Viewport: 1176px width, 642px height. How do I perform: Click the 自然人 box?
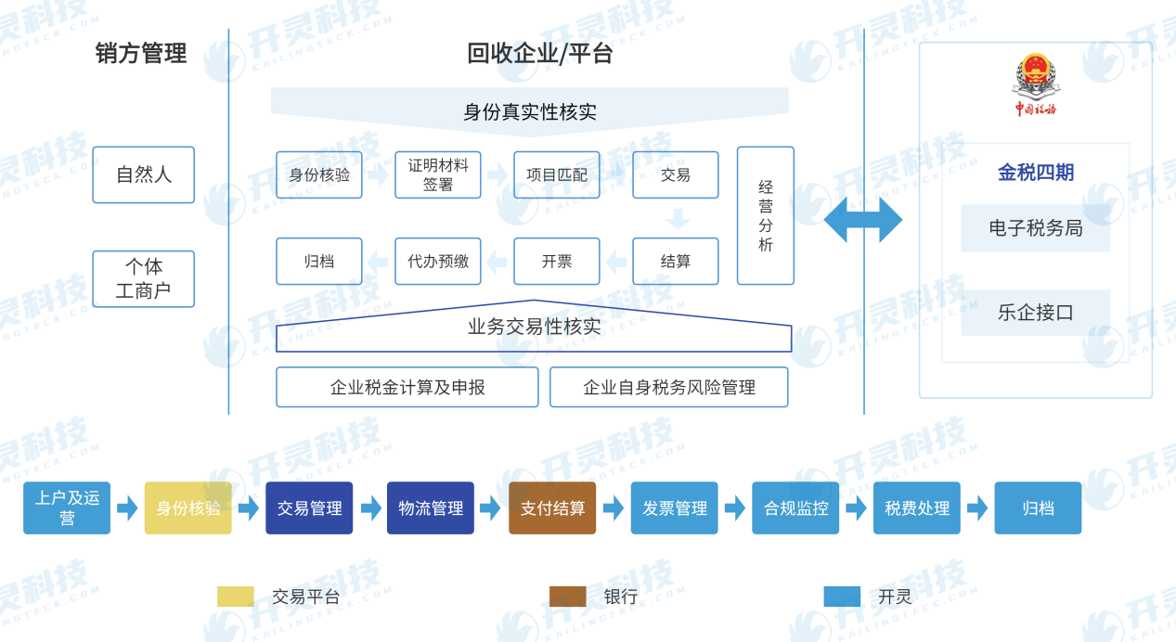[x=144, y=174]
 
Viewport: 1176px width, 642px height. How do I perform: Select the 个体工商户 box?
[x=144, y=278]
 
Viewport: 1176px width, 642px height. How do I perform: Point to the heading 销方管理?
[x=141, y=54]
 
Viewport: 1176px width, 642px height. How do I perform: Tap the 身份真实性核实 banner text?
[x=529, y=112]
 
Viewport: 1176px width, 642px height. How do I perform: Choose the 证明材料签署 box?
[x=438, y=174]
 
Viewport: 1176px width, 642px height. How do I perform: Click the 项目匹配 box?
[x=557, y=174]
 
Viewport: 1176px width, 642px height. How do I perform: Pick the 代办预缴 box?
[x=438, y=262]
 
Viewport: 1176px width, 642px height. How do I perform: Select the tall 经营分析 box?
[x=766, y=215]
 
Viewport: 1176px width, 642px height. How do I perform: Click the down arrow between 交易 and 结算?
[x=678, y=219]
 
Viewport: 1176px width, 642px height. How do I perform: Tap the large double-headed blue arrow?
[x=863, y=220]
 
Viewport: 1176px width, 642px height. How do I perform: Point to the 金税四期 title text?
[x=1036, y=173]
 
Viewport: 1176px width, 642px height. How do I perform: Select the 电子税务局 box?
[x=1036, y=228]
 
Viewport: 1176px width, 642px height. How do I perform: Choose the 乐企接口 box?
[x=1036, y=313]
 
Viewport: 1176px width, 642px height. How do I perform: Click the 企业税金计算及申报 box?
[x=407, y=387]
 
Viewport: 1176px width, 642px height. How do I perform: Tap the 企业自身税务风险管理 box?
[x=669, y=387]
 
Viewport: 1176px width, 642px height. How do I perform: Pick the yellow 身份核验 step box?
[x=188, y=507]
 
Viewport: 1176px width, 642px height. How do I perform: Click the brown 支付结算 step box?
[x=552, y=507]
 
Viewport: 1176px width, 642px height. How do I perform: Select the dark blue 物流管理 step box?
[x=431, y=507]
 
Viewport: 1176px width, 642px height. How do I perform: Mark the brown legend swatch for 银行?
[x=567, y=597]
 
